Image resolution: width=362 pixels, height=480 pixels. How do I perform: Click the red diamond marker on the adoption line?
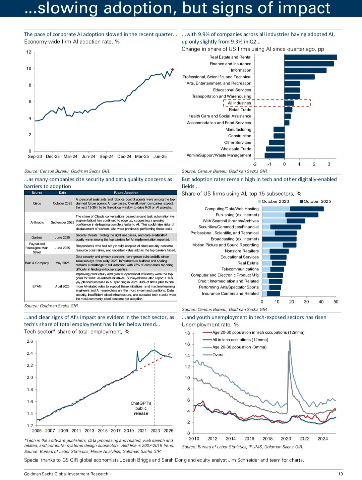pos(172,70)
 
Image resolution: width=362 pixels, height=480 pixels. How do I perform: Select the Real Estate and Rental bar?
pos(310,57)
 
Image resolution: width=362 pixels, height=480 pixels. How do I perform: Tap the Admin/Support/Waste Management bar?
pos(275,155)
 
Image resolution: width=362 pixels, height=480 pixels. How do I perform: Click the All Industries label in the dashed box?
pos(239,103)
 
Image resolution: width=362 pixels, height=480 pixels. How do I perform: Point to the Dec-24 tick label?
pos(124,156)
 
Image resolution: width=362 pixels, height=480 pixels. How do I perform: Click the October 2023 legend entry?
pos(274,201)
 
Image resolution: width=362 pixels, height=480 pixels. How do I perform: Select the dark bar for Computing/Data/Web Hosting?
pos(307,209)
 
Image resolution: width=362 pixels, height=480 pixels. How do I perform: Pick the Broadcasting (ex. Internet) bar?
pos(279,239)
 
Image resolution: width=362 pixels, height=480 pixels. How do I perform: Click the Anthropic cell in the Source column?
pos(37,222)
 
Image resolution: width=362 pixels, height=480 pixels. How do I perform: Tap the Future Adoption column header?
pos(126,193)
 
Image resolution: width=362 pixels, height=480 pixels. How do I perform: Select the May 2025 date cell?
pos(62,263)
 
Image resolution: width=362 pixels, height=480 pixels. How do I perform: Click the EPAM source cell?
pos(37,286)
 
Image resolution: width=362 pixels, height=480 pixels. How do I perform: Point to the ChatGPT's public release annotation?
pos(141,408)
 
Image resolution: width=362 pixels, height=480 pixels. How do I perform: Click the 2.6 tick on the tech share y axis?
pos(30,341)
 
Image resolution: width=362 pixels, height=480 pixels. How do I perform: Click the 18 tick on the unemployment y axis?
pos(187,333)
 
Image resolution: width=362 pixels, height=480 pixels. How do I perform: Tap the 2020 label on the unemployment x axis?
pos(286,439)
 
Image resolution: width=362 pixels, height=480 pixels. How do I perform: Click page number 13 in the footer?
pos(340,474)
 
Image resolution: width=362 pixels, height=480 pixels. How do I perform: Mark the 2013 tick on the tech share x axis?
pos(89,430)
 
